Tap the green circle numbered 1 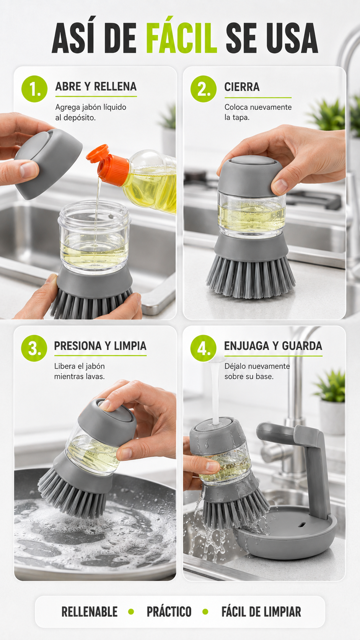pos(34,89)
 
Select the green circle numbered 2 pos(204,89)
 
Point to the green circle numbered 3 pos(34,348)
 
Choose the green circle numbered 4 pos(204,348)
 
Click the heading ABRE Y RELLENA pos(96,86)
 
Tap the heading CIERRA pos(242,87)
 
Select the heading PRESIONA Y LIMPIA pos(100,346)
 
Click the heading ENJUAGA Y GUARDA pos(273,346)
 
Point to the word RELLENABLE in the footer pos(90,612)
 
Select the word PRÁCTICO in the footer pos(169,612)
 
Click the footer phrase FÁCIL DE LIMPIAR pos(261,612)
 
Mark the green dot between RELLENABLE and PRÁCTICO pos(131,612)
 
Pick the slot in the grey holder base pos(302,524)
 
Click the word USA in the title pos(292,38)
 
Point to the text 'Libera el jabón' pos(79,366)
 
